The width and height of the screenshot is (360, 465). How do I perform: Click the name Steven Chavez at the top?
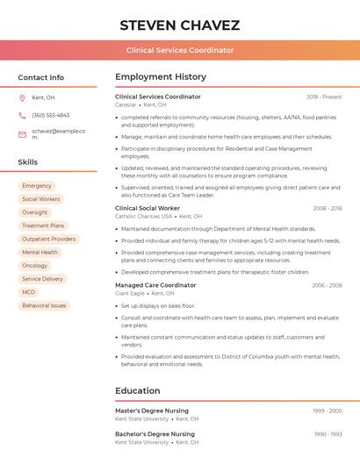180,25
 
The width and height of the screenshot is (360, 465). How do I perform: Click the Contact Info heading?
41,77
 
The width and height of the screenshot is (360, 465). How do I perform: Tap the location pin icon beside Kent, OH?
22,97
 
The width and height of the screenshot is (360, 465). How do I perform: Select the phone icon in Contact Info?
22,115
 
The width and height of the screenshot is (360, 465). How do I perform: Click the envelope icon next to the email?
22,134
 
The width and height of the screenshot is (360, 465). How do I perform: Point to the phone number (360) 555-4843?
50,115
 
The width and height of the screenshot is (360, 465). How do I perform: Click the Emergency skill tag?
37,186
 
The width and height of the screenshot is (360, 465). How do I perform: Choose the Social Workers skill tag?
41,199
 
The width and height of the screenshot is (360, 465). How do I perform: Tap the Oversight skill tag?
35,212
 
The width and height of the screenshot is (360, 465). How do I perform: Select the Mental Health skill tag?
40,252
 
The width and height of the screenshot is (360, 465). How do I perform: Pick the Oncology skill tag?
35,265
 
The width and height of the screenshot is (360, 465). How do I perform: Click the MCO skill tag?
29,292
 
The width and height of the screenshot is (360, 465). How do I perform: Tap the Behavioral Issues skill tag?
44,305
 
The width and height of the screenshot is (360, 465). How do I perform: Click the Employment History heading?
161,77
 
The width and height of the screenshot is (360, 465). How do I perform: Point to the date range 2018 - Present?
324,97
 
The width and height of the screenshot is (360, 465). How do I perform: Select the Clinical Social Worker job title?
148,208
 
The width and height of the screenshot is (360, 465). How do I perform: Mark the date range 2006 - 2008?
327,285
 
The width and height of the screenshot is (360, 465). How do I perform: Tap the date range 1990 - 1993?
328,434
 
